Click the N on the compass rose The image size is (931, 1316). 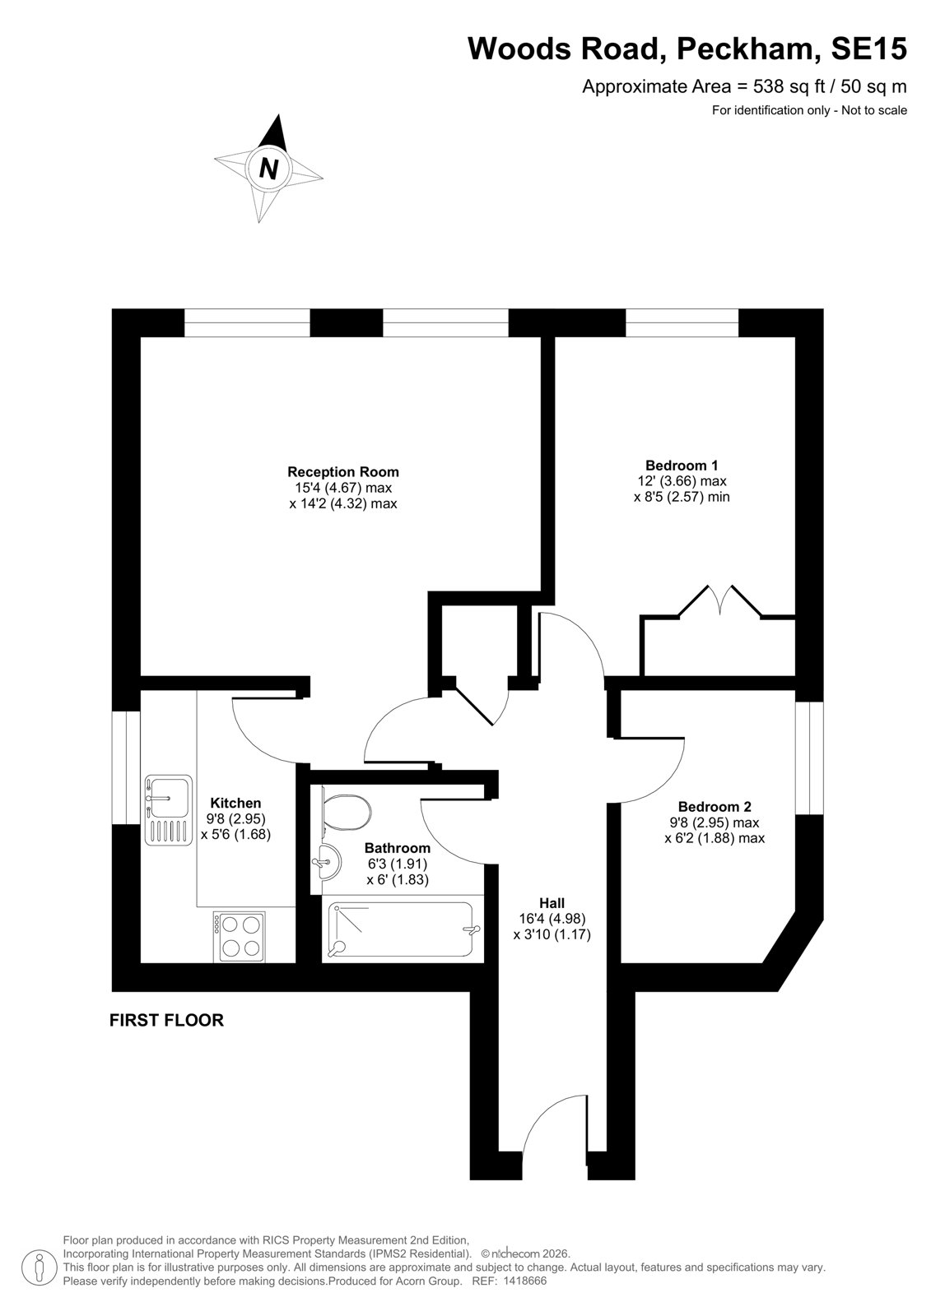[269, 169]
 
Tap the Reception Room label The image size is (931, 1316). [343, 472]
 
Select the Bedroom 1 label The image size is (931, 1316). [682, 466]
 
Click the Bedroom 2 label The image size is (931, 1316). [715, 807]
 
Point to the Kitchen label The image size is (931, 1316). [236, 803]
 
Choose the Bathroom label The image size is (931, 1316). [398, 848]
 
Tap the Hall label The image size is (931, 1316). [552, 903]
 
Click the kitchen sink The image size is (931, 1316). [169, 810]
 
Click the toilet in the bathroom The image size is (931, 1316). [346, 812]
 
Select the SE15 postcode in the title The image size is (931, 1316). [868, 49]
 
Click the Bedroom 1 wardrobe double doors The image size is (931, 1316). [719, 600]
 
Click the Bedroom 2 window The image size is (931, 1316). [809, 758]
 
